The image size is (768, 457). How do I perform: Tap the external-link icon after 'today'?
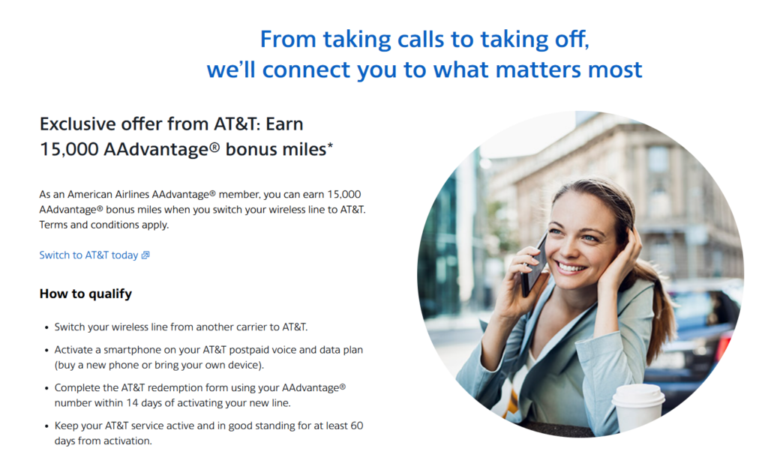(x=145, y=255)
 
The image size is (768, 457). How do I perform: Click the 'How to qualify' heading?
(x=85, y=294)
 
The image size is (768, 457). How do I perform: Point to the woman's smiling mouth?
(x=571, y=267)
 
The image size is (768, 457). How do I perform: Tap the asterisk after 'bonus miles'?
(x=330, y=146)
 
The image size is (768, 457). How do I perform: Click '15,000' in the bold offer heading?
(x=69, y=149)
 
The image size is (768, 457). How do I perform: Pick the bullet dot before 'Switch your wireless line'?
(x=46, y=328)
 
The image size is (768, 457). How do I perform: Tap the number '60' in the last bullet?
(x=357, y=426)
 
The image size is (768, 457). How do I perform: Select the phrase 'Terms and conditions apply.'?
(x=103, y=225)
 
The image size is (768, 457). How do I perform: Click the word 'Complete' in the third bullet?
(x=76, y=388)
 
